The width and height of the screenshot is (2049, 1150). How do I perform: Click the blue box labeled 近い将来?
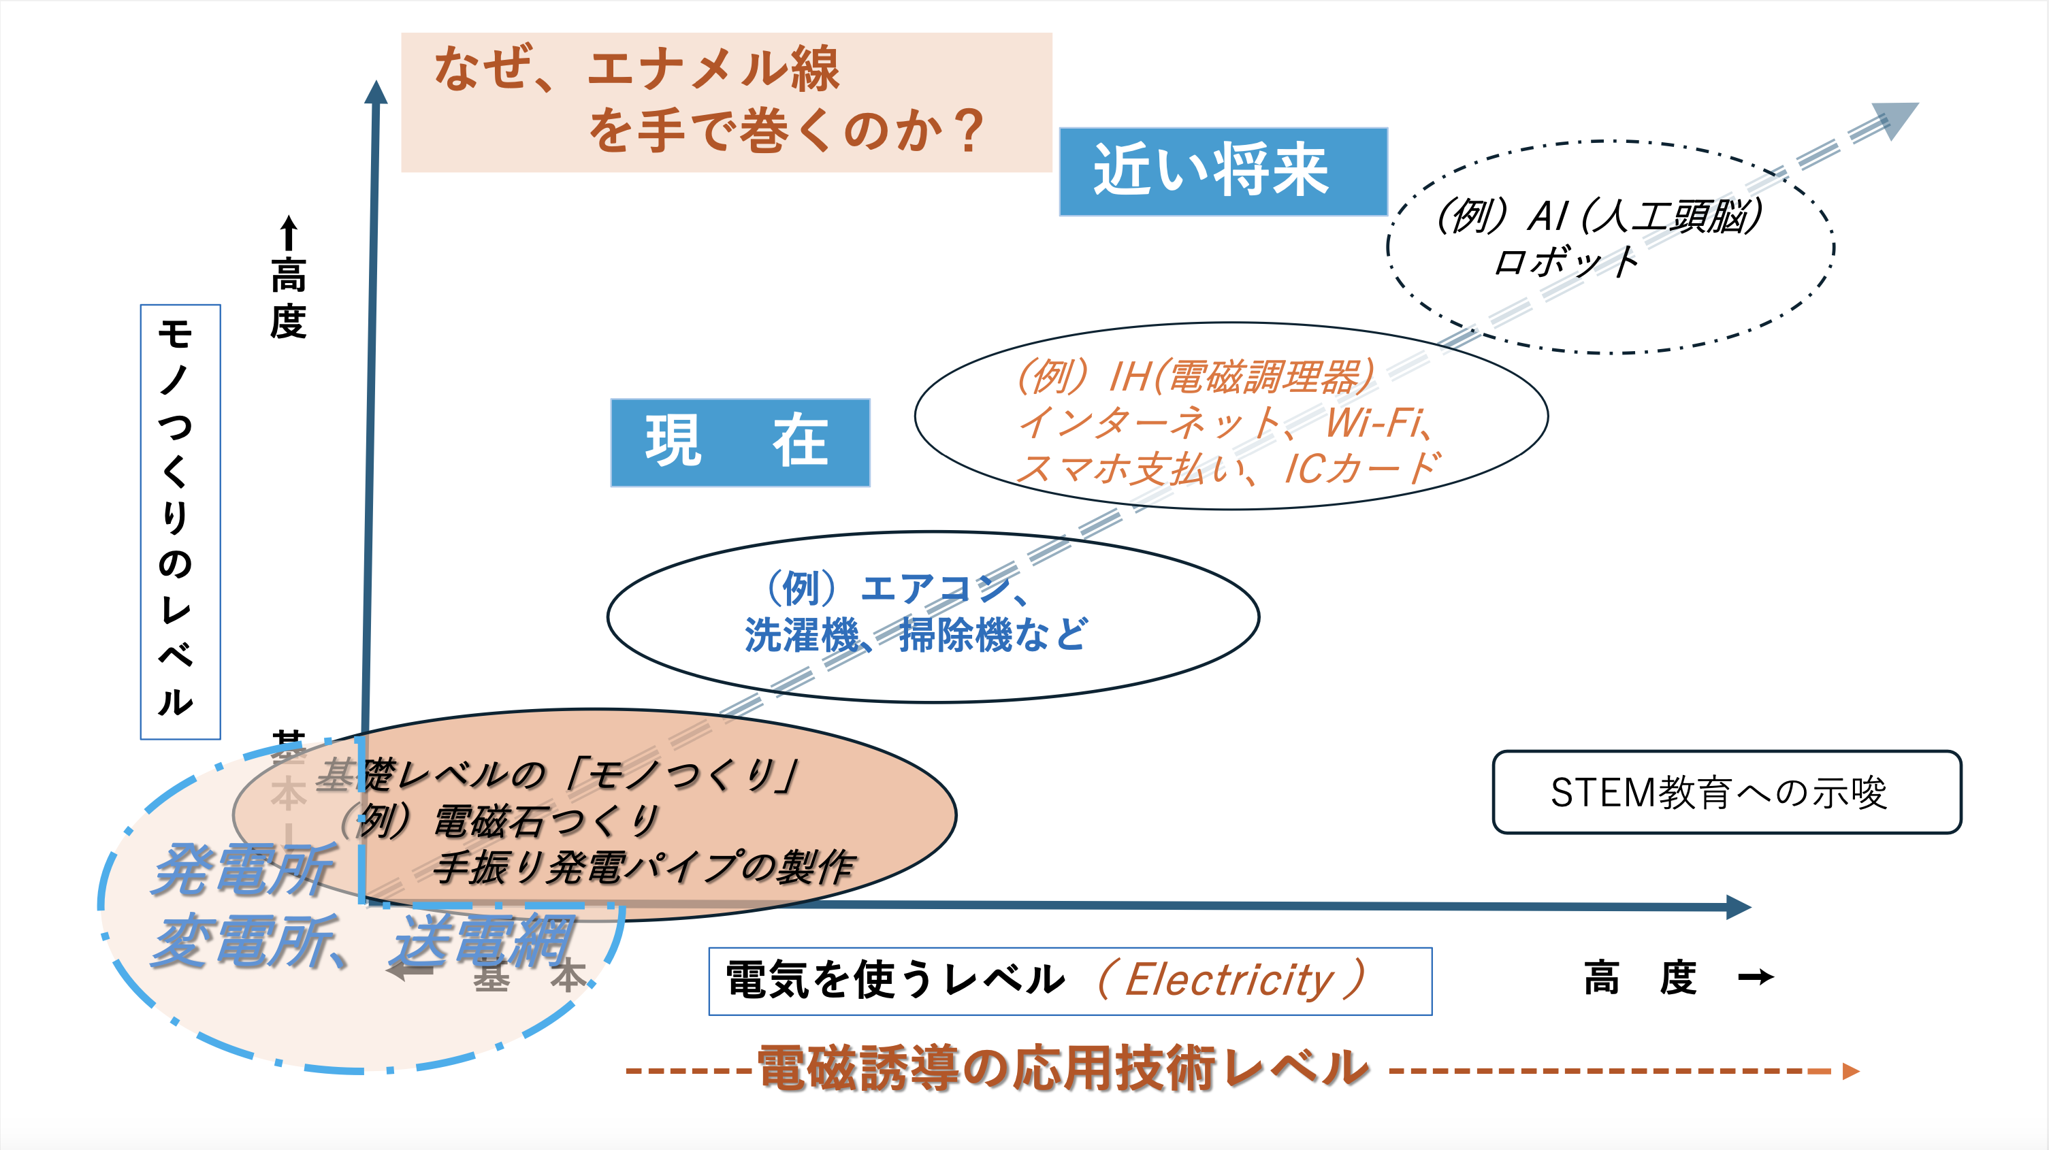point(1223,171)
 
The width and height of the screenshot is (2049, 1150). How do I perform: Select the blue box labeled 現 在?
point(740,442)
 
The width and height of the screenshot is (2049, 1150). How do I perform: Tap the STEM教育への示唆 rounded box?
point(1726,792)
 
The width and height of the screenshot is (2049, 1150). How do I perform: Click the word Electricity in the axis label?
point(1229,980)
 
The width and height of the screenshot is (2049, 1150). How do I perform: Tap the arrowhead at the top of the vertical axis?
point(376,93)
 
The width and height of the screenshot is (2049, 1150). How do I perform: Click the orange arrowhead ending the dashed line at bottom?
point(1850,1071)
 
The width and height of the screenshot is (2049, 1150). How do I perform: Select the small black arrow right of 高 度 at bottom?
point(1756,976)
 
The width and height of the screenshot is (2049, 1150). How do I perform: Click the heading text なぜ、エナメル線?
point(636,69)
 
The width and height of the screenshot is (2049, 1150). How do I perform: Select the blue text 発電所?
point(242,871)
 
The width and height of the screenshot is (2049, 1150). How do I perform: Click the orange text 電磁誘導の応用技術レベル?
point(1063,1068)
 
